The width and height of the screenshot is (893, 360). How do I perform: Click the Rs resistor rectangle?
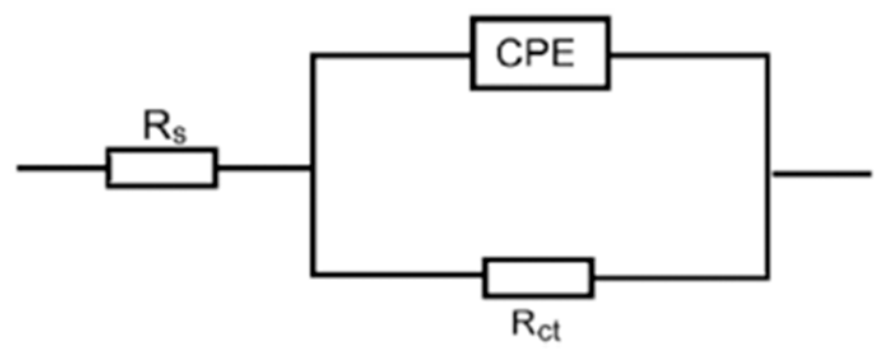coord(162,168)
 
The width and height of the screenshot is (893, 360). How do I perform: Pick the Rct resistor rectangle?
coord(538,277)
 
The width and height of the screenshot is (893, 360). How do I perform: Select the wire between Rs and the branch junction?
coord(264,169)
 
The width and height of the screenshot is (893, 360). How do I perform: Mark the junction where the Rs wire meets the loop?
coord(312,169)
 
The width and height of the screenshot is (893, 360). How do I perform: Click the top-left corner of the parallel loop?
coord(312,56)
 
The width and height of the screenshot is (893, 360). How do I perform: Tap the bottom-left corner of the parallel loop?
coord(312,275)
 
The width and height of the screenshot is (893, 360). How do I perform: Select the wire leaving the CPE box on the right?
coord(688,56)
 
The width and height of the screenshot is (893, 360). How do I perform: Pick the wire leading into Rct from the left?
coord(397,275)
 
